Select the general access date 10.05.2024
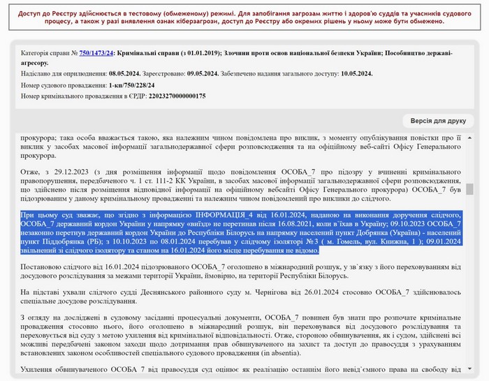click(x=352, y=73)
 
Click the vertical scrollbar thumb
click(x=470, y=189)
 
